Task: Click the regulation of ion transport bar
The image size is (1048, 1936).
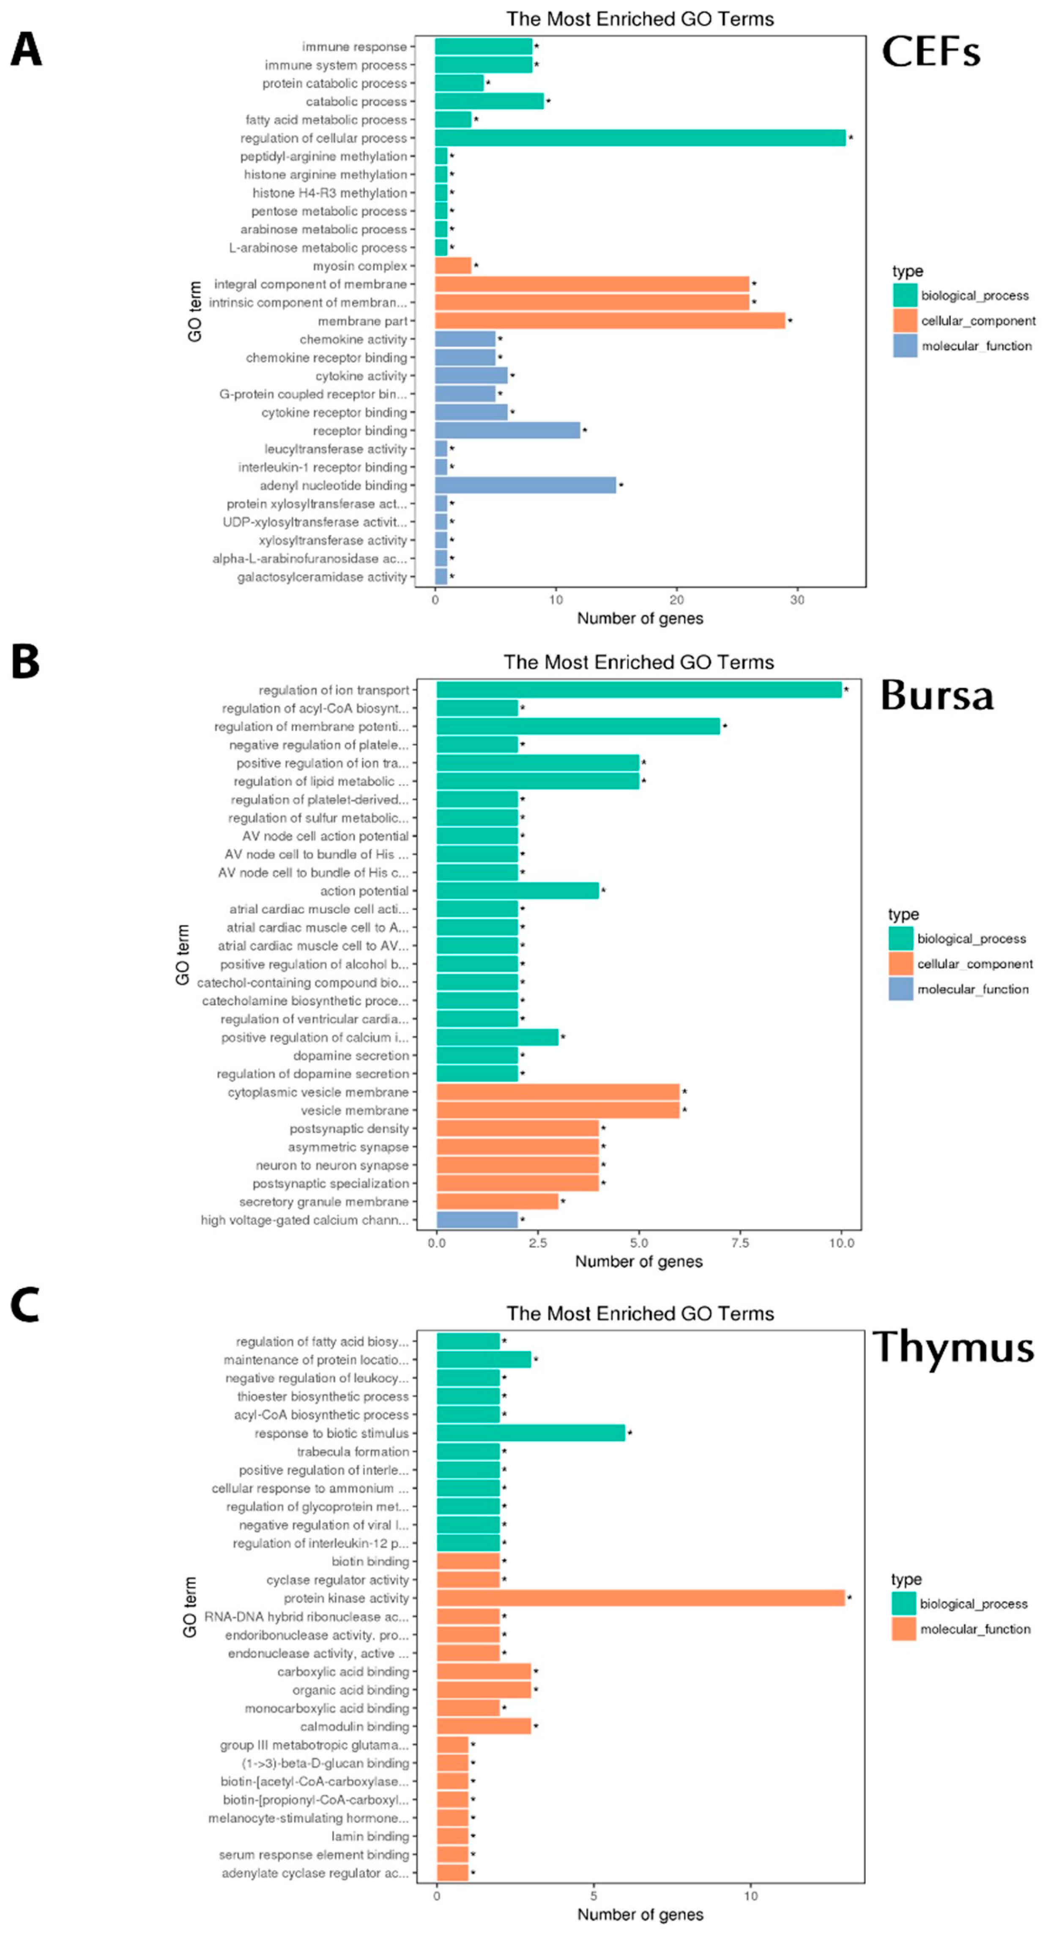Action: click(x=639, y=690)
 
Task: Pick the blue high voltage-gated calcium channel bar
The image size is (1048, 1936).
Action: click(x=477, y=1220)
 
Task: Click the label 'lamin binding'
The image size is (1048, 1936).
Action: click(x=370, y=1836)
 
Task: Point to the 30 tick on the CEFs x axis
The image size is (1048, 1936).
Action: click(x=797, y=600)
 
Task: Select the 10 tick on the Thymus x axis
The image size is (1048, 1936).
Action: click(x=750, y=1895)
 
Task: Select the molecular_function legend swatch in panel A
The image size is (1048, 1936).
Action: click(x=905, y=346)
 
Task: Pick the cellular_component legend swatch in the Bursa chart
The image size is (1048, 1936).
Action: click(x=901, y=964)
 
